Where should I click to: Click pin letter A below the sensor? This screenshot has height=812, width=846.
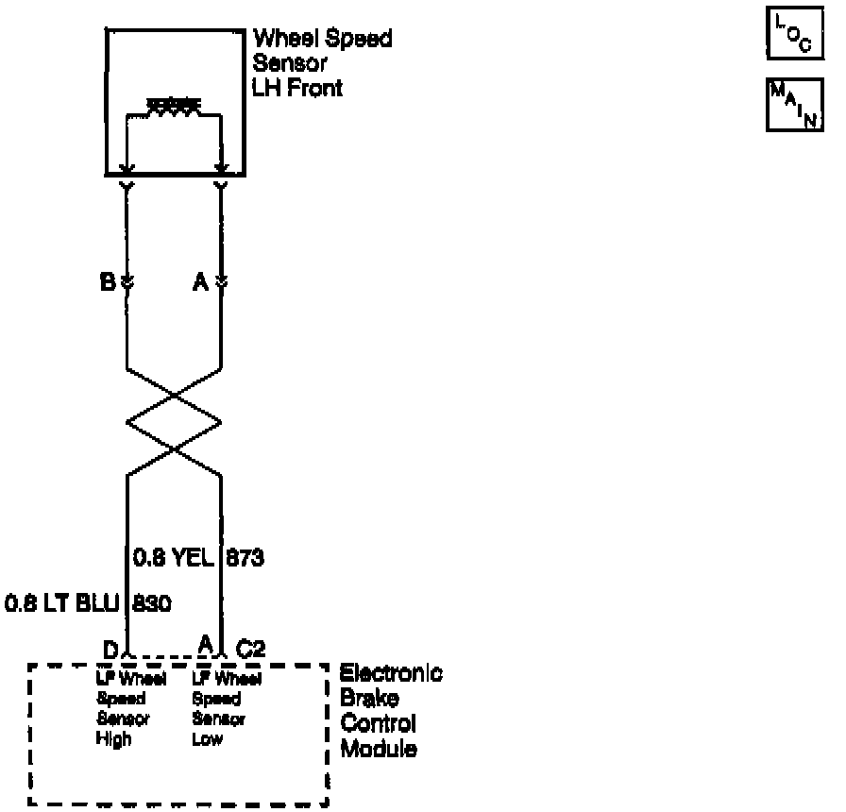[x=200, y=280]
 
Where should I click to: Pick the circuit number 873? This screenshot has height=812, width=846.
[x=245, y=559]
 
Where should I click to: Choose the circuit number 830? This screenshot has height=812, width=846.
[x=152, y=602]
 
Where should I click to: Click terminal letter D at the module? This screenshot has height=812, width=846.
[x=110, y=648]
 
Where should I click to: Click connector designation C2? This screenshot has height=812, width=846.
[x=251, y=649]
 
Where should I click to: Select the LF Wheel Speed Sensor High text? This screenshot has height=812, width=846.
[x=119, y=708]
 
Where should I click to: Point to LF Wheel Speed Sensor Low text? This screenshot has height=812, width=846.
[x=217, y=708]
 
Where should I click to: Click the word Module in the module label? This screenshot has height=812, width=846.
[x=378, y=752]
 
